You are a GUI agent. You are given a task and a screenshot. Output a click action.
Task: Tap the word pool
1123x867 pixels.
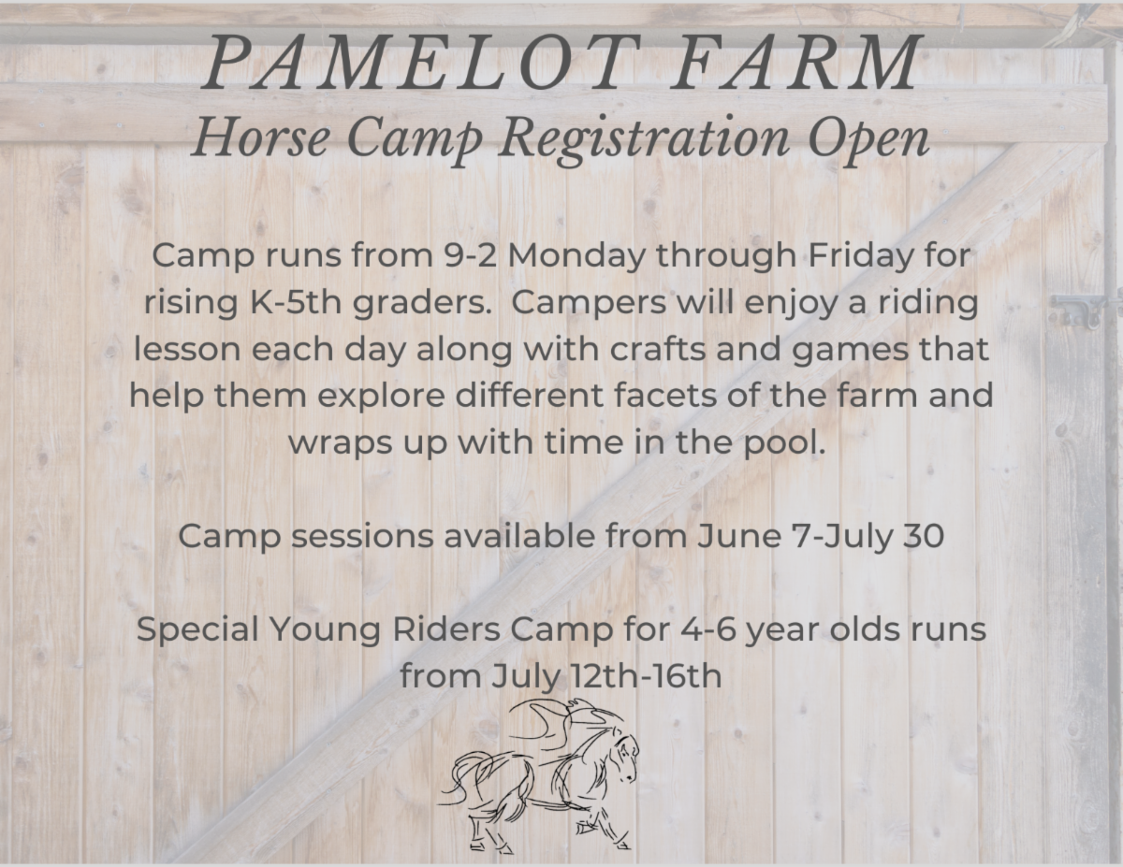tap(791, 442)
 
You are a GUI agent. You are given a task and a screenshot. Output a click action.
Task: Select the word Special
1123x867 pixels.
tap(199, 629)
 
